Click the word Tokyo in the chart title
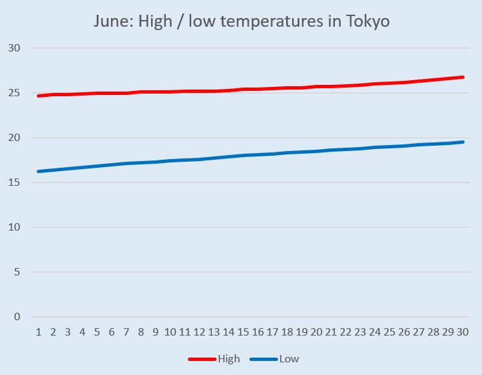[367, 21]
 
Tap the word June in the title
[112, 21]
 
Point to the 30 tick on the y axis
[15, 48]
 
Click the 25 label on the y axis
[15, 93]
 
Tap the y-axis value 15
[15, 182]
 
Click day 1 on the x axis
[38, 332]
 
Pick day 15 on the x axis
[243, 332]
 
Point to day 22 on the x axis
[346, 332]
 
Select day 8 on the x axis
[141, 332]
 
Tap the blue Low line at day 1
[38, 171]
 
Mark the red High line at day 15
[243, 89]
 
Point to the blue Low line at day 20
[317, 151]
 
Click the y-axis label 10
[15, 227]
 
